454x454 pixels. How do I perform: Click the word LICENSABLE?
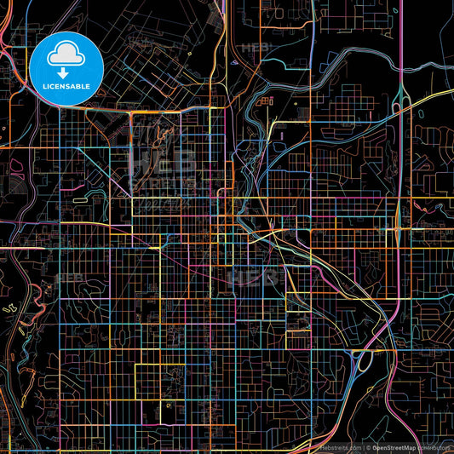tap(66, 85)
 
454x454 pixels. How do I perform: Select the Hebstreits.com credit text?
tap(339, 447)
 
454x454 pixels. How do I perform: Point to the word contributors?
tap(434, 447)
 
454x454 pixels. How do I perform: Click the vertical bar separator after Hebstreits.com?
tap(361, 447)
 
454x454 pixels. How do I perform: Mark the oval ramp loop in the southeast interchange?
tap(362, 362)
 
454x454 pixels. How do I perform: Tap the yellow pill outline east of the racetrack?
tap(79, 199)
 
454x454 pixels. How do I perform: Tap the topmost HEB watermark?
tap(256, 49)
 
